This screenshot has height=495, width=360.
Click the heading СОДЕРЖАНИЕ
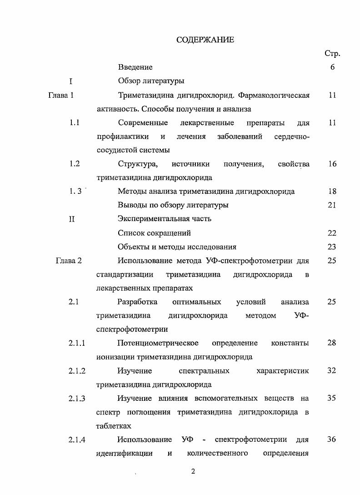[205, 40]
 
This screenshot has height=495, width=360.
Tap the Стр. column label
[332, 54]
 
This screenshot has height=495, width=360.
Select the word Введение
[135, 67]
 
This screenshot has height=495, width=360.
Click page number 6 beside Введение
[332, 67]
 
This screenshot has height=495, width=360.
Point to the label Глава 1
[61, 96]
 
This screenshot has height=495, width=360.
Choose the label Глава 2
[68, 261]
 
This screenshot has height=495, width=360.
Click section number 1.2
[75, 164]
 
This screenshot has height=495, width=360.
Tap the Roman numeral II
[71, 219]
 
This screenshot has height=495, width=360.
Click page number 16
[332, 164]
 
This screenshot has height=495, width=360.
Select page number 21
[332, 205]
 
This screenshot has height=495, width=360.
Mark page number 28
[332, 343]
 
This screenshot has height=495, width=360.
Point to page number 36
[332, 439]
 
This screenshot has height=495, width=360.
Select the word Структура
[137, 164]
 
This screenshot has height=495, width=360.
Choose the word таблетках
[114, 426]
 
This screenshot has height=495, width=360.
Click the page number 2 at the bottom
[193, 471]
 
